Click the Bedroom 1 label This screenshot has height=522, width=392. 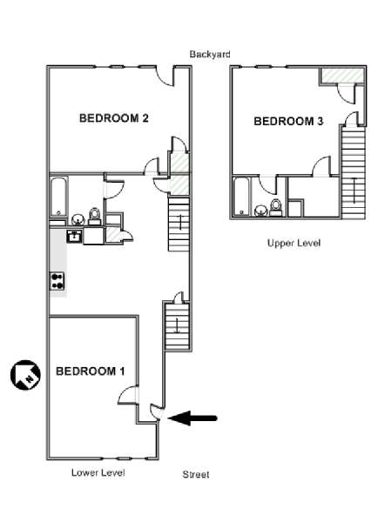91,371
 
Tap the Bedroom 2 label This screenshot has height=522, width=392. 113,117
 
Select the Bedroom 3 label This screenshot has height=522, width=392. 288,121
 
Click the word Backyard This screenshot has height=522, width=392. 210,54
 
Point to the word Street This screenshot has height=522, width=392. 196,474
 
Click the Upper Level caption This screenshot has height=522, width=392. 294,243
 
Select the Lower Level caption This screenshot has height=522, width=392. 98,472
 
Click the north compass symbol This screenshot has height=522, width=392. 25,375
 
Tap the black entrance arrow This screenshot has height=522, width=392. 193,418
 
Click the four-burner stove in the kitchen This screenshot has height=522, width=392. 57,281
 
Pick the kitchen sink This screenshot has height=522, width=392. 74,236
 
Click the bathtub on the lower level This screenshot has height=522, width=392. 59,197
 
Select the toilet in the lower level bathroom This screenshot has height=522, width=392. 95,217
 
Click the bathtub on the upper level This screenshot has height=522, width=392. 241,197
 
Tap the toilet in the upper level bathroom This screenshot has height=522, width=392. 275,208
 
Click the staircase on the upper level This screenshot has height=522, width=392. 354,172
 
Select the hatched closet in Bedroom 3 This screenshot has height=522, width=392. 342,76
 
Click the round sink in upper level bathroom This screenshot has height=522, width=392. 261,211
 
